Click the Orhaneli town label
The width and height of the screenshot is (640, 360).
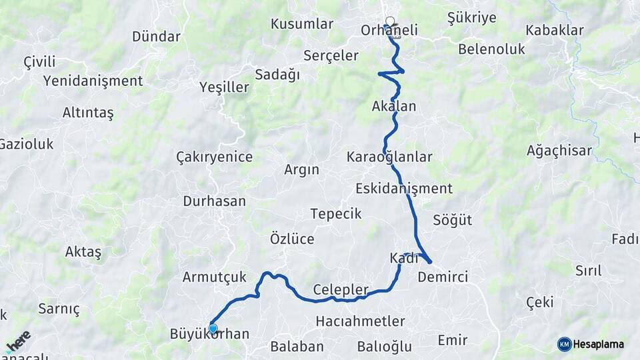coord(389,31)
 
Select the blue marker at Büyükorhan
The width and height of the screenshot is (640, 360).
coord(213,328)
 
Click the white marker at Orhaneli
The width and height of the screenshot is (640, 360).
coord(390,21)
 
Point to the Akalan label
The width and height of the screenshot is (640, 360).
coord(394,107)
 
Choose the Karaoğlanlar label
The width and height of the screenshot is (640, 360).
coord(389,157)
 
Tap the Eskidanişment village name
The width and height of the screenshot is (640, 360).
coord(404,189)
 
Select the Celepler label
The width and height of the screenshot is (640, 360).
coord(341,290)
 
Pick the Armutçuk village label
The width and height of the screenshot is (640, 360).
coord(215,277)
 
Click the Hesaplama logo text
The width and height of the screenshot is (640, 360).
coord(598,345)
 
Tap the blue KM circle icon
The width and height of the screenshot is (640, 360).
coord(564,345)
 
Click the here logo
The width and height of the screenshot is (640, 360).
coord(18,342)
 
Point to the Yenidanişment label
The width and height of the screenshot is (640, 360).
coord(93,81)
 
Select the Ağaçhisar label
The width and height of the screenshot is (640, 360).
coord(559,151)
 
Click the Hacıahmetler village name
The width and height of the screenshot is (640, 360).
coord(360,321)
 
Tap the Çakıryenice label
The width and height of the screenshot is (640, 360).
coord(214,157)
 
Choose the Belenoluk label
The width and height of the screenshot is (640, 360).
coord(491,49)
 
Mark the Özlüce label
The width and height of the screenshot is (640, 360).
coord(292,239)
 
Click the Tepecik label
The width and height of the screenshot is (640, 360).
coord(336,214)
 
